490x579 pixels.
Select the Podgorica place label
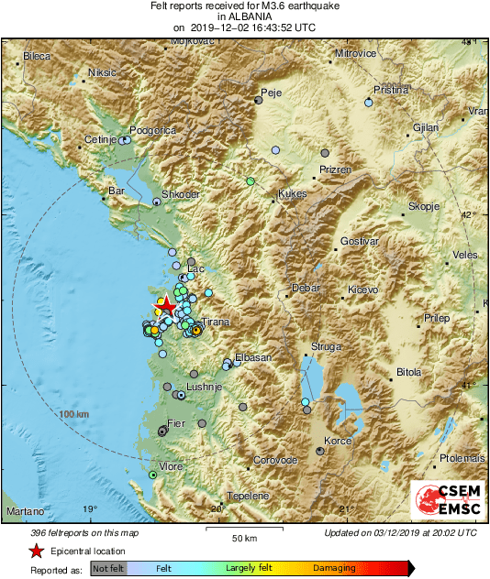152,131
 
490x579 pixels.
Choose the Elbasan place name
253,357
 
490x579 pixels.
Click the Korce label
339,442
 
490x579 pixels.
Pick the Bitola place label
407,372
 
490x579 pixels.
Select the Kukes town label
292,194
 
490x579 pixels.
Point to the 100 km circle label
75,415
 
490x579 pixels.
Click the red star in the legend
36,552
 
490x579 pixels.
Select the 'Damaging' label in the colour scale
335,569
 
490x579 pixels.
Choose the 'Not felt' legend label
109,569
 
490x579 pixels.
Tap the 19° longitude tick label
89,508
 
